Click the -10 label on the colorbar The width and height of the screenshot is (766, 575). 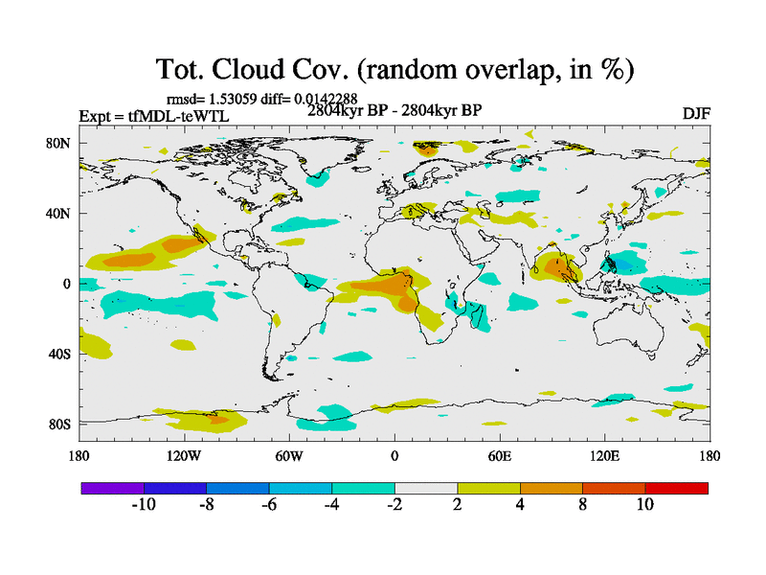click(144, 505)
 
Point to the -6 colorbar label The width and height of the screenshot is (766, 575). click(268, 505)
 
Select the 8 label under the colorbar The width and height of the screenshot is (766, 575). click(582, 505)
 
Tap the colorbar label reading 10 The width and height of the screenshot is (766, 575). click(644, 505)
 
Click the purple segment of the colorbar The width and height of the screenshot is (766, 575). click(113, 488)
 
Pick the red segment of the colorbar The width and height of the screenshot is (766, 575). click(676, 488)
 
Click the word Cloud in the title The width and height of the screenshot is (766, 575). click(271, 70)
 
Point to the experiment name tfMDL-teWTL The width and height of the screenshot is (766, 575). click(185, 116)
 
